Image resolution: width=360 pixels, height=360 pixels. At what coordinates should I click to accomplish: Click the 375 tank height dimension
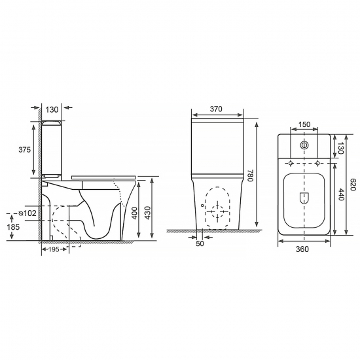point(25,150)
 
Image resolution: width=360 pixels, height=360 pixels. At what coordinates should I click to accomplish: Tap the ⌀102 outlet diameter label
point(27,213)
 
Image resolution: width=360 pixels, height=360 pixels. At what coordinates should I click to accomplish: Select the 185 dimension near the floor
point(13,227)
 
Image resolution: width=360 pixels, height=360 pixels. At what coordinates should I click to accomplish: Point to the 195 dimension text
point(54,249)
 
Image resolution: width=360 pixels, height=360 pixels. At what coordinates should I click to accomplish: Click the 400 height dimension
point(135,213)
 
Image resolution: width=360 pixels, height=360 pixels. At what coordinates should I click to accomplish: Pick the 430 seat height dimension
point(148,213)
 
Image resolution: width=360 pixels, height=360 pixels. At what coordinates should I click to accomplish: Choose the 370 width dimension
point(216,109)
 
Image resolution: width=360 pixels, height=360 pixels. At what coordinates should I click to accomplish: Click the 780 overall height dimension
point(250,175)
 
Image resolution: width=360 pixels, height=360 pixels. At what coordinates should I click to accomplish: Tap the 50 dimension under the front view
point(200,243)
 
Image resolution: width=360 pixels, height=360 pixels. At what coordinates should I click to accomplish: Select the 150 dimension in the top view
point(304,124)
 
